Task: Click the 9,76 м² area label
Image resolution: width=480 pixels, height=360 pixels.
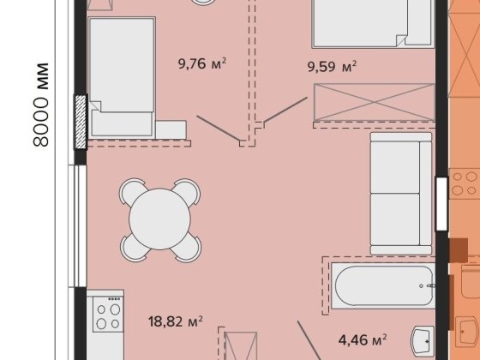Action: click(x=202, y=63)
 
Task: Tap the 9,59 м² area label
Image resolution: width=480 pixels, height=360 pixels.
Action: click(x=332, y=67)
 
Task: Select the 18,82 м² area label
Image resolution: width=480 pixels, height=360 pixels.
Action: click(x=176, y=321)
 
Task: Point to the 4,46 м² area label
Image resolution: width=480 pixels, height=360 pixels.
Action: click(x=363, y=339)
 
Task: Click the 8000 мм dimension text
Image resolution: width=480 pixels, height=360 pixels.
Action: click(x=41, y=105)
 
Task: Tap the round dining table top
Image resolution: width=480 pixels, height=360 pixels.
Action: click(x=159, y=219)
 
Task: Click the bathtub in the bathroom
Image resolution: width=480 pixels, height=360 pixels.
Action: click(x=383, y=285)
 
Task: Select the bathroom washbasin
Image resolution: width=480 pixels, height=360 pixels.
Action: click(x=423, y=341)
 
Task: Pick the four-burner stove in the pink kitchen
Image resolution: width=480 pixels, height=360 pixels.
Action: click(x=108, y=314)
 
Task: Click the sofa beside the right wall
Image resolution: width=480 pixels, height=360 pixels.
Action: click(x=401, y=194)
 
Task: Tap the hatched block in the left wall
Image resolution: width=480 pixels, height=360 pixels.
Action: click(x=81, y=122)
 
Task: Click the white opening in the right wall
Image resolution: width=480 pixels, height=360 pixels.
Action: click(x=441, y=204)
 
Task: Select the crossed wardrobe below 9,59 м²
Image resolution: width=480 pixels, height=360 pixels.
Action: click(x=374, y=102)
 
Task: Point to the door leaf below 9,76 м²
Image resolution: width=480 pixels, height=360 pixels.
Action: click(x=219, y=129)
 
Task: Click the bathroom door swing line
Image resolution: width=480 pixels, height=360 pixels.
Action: click(x=309, y=340)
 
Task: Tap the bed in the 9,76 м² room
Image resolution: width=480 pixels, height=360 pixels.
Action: click(x=122, y=76)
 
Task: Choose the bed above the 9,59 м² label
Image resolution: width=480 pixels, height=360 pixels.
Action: click(x=373, y=24)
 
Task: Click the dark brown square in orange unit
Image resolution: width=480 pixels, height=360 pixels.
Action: click(x=459, y=250)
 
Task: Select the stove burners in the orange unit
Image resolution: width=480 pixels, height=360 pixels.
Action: click(x=464, y=183)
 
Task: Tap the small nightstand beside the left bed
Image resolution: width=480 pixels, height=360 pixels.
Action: click(x=171, y=130)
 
